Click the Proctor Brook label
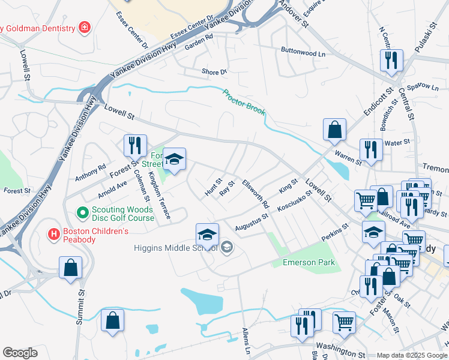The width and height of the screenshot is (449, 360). [244, 102]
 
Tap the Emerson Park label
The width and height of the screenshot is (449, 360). [304, 262]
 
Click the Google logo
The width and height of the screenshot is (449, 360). [20, 353]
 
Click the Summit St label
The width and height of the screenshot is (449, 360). [80, 307]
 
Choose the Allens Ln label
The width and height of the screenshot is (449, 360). [246, 340]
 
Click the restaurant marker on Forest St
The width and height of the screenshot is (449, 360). [135, 146]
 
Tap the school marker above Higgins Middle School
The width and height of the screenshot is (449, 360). [207, 235]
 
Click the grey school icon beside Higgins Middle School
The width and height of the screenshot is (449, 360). [227, 247]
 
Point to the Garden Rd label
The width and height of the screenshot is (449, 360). [199, 37]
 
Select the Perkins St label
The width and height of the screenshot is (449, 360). [334, 232]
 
